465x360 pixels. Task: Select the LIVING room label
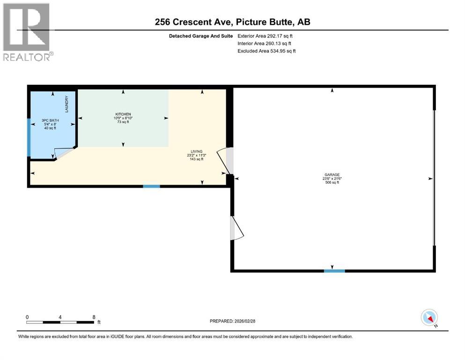pyautogui.click(x=196, y=151)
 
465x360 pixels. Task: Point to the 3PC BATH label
pyautogui.click(x=52, y=120)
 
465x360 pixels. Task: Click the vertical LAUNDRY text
pyautogui.click(x=67, y=104)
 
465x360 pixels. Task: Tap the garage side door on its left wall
pyautogui.click(x=236, y=228)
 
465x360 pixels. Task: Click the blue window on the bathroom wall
pyautogui.click(x=29, y=137)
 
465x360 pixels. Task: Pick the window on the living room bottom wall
pyautogui.click(x=151, y=186)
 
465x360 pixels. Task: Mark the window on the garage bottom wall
pyautogui.click(x=334, y=270)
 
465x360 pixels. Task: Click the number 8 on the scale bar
pyautogui.click(x=94, y=316)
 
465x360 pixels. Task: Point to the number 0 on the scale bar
pyautogui.click(x=27, y=316)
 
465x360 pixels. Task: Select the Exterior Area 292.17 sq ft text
pyautogui.click(x=266, y=36)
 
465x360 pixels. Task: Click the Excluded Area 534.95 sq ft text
pyautogui.click(x=266, y=51)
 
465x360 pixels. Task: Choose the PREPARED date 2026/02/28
pyautogui.click(x=232, y=321)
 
